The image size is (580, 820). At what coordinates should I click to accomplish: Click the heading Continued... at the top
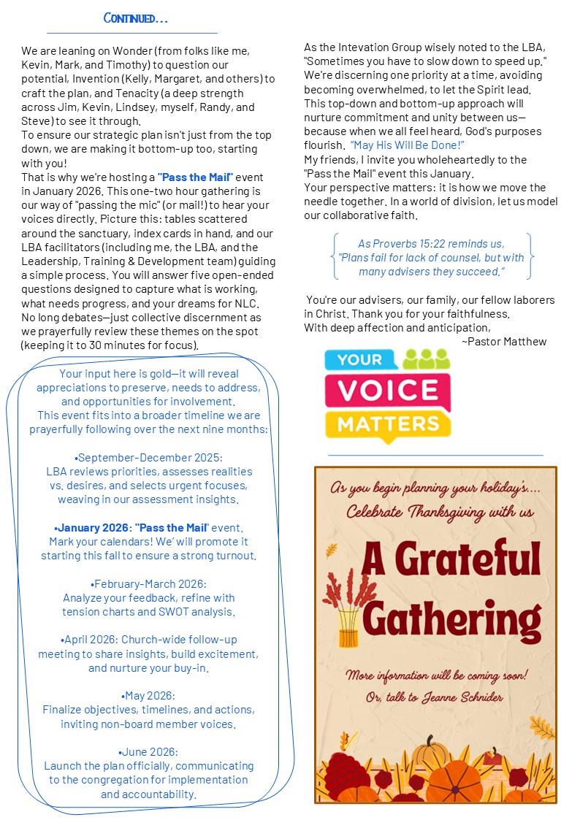tap(136, 18)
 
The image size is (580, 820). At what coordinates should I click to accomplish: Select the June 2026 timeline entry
tap(149, 752)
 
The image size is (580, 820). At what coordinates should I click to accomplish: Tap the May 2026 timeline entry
tap(149, 696)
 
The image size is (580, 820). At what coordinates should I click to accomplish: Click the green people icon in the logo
tap(427, 359)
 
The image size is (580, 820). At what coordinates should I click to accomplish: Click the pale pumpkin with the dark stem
tap(430, 751)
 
